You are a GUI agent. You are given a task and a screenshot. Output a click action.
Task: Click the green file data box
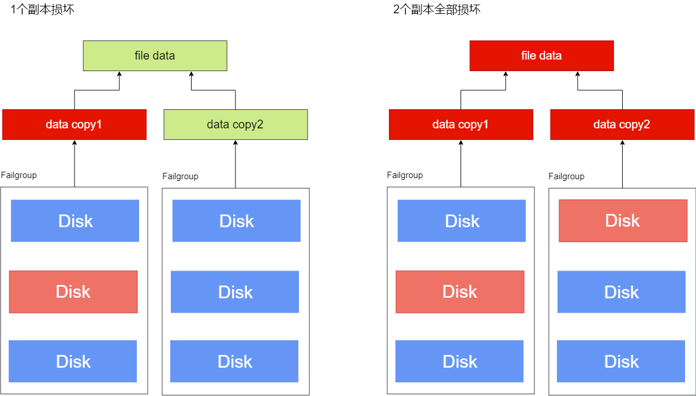[x=155, y=55]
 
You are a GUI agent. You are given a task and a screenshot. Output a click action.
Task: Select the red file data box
[x=541, y=55]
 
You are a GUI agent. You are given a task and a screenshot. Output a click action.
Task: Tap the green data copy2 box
[x=235, y=124]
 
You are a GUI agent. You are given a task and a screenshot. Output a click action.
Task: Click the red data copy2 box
[x=622, y=124]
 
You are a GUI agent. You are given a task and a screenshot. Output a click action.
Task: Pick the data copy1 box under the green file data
[x=74, y=124]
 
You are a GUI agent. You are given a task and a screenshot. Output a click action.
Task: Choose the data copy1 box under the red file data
[x=461, y=124]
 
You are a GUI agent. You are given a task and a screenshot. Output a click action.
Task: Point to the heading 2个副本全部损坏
[x=436, y=9]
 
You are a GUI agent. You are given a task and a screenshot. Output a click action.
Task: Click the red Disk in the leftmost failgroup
[x=73, y=292]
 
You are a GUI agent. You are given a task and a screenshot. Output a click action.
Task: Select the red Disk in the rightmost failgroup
[x=623, y=221]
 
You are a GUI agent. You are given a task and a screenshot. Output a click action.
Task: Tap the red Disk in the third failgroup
[x=460, y=292]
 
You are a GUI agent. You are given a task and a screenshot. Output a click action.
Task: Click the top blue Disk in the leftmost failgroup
[x=75, y=221]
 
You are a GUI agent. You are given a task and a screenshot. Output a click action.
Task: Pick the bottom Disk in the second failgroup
[x=234, y=361]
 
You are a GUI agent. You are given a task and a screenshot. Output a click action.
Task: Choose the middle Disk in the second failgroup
[x=235, y=292]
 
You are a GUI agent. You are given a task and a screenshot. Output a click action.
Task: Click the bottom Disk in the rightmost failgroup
[x=621, y=361]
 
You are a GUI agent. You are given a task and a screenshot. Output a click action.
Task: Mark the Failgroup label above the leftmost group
[x=18, y=175]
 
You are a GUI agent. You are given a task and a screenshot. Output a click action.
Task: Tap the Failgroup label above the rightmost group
[x=566, y=176]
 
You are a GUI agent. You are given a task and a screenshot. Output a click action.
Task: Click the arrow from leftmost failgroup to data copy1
[x=74, y=165]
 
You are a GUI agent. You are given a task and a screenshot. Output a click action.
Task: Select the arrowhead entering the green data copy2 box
[x=235, y=143]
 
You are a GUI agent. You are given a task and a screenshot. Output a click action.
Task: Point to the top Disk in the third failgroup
[x=462, y=221]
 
